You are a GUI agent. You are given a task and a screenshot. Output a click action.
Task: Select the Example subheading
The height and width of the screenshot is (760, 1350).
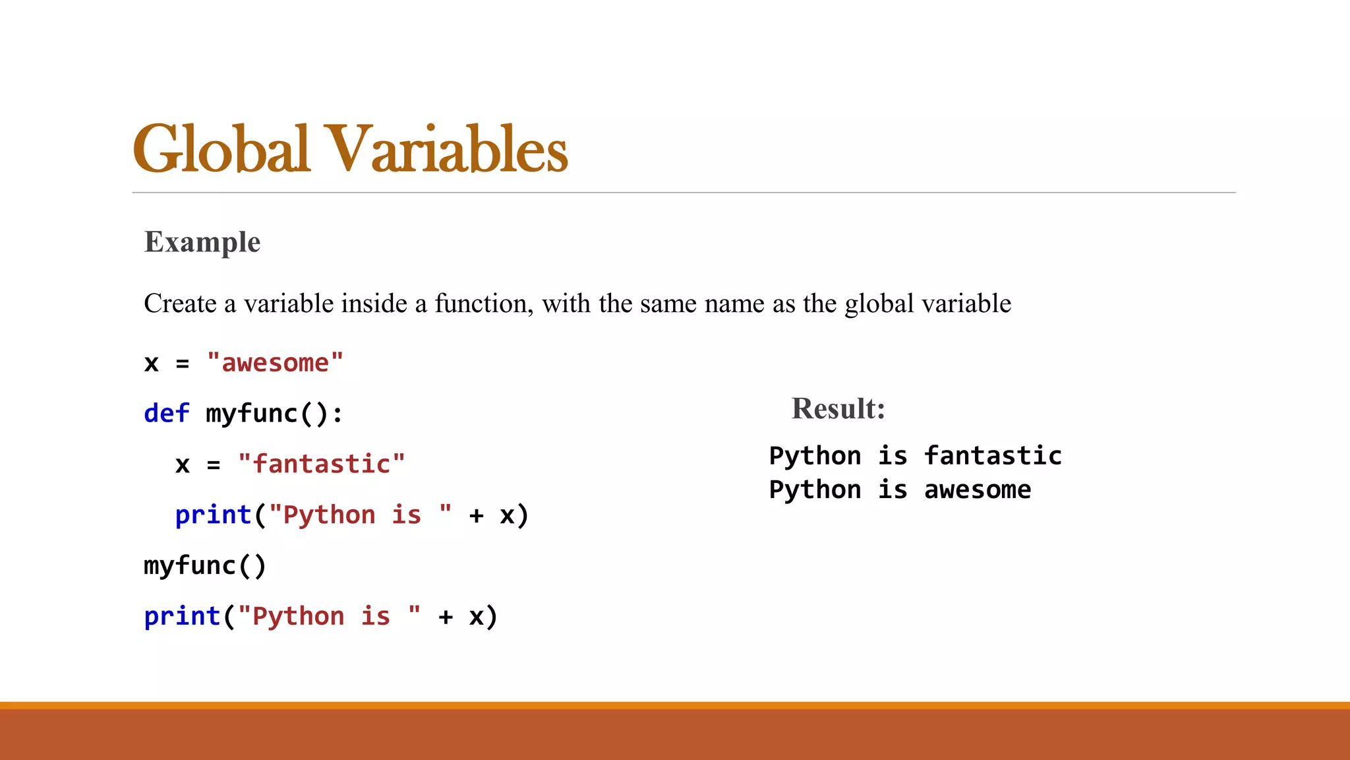[202, 242]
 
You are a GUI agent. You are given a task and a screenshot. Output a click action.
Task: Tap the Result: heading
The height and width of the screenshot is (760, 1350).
[838, 408]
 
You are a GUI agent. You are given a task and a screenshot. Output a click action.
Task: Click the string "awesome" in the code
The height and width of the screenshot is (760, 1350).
[275, 363]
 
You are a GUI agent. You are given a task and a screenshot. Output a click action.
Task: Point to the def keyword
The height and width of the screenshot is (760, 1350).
[167, 414]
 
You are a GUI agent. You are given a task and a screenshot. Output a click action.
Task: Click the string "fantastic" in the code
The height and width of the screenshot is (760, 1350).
[322, 464]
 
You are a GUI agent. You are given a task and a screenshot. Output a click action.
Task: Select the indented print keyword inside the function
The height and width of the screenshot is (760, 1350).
[213, 515]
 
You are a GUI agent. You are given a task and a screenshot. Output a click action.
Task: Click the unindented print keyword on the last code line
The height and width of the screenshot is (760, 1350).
[182, 616]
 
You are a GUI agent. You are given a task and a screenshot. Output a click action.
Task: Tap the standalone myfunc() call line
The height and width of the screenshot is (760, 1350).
[205, 566]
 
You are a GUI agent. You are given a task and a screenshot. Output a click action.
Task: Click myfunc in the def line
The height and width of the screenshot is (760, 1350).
[252, 414]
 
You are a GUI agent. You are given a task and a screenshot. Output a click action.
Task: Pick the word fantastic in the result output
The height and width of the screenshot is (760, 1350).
[993, 456]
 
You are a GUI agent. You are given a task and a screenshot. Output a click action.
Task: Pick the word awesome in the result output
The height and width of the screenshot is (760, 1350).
[978, 490]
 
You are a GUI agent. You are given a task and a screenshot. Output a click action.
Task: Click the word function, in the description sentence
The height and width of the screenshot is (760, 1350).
[484, 303]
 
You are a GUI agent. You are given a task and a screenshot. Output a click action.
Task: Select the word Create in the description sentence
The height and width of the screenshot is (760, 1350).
[180, 303]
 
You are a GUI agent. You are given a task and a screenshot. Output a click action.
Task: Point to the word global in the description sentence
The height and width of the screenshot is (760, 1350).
[879, 303]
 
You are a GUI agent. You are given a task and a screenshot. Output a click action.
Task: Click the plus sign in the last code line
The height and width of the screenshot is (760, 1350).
[446, 617]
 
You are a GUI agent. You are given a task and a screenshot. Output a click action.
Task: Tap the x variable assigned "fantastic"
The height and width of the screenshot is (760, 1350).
[183, 464]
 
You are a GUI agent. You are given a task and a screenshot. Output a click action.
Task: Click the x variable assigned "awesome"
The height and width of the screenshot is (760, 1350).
[152, 364]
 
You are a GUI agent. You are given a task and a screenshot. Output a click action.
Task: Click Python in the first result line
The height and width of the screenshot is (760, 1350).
[815, 456]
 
